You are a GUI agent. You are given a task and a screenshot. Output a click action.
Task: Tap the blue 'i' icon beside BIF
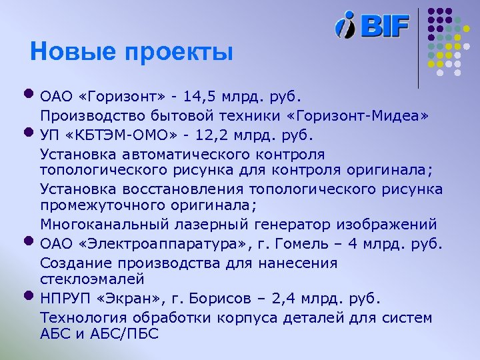pyautogui.click(x=347, y=25)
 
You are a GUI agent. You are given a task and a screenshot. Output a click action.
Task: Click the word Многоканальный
pyautogui.click(x=102, y=223)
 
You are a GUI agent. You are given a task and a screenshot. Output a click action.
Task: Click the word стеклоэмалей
pyautogui.click(x=92, y=277)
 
